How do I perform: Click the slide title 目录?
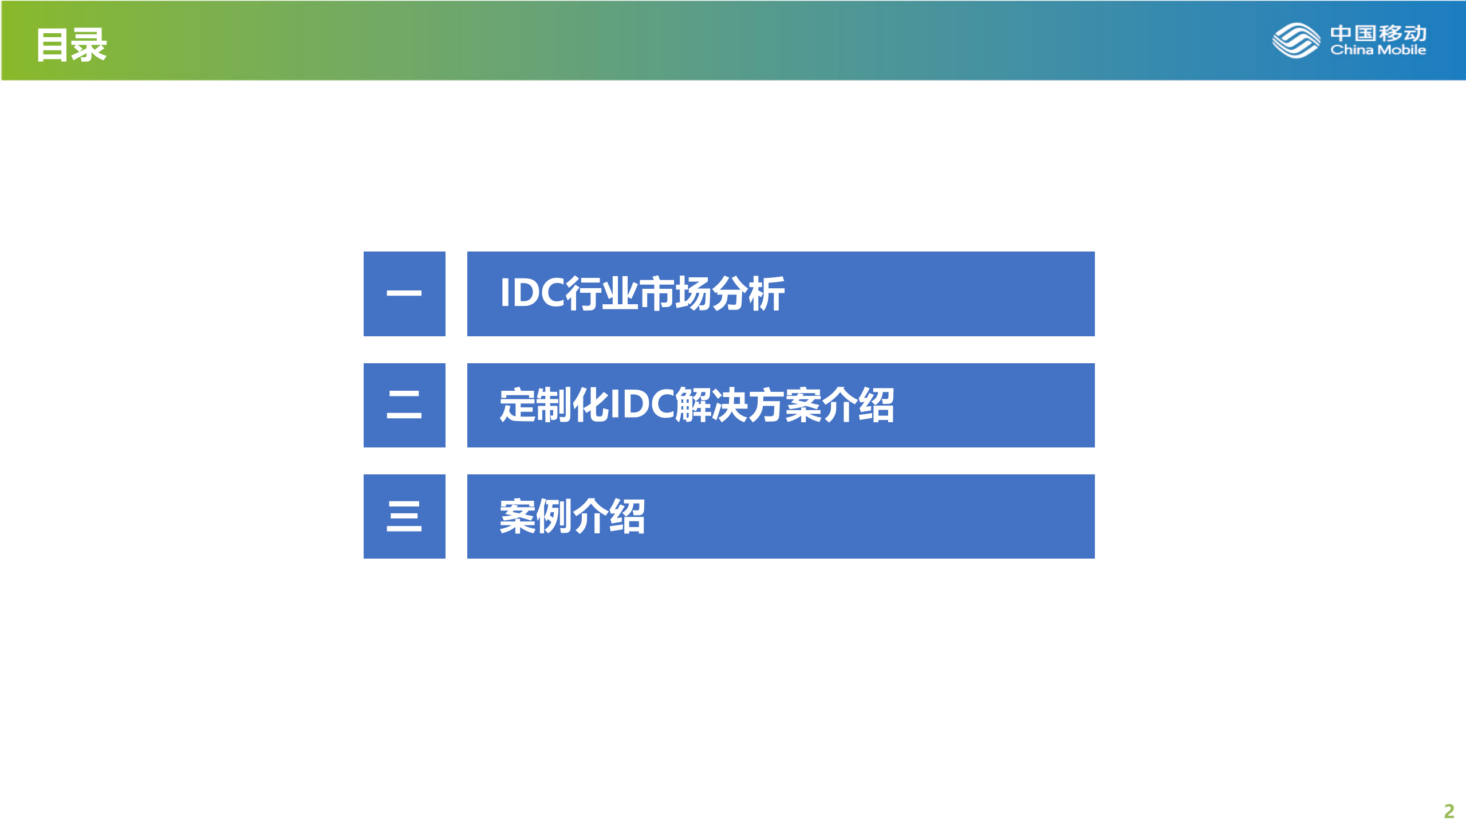(72, 45)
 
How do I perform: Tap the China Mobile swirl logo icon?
(1296, 40)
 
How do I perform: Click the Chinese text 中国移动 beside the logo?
(1378, 33)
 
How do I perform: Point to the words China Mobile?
(1378, 50)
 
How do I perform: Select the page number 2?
(1449, 811)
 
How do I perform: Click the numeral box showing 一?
(404, 293)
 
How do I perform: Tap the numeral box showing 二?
(404, 405)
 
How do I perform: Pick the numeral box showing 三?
(404, 516)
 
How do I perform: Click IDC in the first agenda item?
(532, 293)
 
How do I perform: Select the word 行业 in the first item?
(601, 293)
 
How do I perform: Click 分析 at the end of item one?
(748, 293)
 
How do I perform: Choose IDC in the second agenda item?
(641, 405)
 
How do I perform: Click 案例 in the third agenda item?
(536, 516)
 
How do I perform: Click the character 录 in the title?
(89, 45)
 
